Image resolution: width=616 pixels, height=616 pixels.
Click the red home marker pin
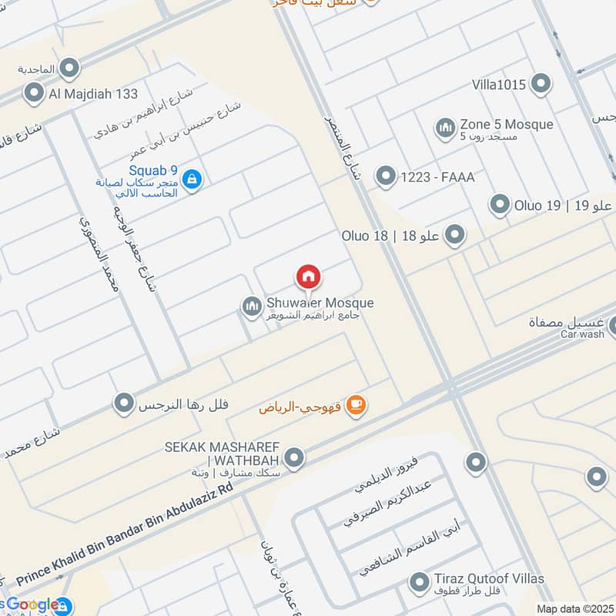[x=308, y=276]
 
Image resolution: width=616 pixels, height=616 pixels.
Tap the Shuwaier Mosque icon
[x=251, y=308]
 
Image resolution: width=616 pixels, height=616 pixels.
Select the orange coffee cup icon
[x=355, y=404]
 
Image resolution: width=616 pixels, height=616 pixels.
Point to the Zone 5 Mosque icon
[x=444, y=129]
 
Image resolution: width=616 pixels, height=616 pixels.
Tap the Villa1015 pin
[x=541, y=84]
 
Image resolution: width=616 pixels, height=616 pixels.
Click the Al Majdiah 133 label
[x=92, y=94]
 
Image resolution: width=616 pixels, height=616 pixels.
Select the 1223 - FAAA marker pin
[x=385, y=177]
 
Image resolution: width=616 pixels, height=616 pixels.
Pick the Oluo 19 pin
[x=500, y=205]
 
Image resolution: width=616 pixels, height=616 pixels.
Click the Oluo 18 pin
[x=455, y=235]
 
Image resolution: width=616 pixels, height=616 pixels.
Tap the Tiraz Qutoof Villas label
[x=488, y=579]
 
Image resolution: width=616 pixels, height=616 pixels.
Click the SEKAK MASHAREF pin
[x=293, y=460]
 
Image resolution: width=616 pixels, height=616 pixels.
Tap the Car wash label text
[x=582, y=334]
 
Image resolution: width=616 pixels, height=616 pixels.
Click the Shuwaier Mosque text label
[x=320, y=303]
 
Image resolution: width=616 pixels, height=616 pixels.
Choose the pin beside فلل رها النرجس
[x=123, y=403]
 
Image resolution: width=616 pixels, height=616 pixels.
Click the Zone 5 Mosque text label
[x=506, y=124]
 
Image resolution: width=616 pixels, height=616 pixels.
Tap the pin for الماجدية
[x=70, y=68]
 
